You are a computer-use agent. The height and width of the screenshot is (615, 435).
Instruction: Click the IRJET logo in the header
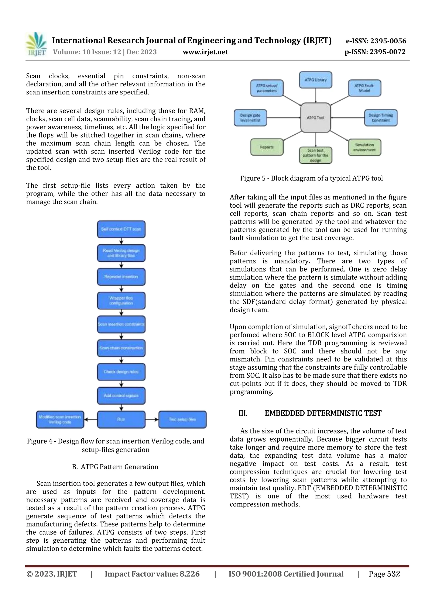tap(36, 44)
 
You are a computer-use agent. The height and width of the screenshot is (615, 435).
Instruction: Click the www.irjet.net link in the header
tap(205, 52)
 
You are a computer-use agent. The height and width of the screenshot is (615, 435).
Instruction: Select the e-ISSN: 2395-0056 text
tap(376, 41)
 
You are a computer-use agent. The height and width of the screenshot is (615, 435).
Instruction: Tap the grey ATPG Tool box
tap(315, 118)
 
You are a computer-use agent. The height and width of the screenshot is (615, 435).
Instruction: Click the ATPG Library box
tap(315, 80)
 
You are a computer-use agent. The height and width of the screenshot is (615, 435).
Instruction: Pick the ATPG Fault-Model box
tap(364, 88)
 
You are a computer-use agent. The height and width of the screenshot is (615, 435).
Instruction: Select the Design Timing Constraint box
tap(381, 118)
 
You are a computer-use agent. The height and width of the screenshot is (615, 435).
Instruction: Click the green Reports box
tap(267, 147)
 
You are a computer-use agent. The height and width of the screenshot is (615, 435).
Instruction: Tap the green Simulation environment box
tap(364, 147)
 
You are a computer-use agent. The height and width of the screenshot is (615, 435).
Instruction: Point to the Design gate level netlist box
tap(250, 118)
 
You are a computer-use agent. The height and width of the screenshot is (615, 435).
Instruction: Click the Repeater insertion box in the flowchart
tap(121, 277)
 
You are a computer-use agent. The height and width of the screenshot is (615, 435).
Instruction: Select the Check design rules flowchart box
tap(121, 372)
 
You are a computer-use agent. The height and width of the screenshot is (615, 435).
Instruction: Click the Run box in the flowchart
tap(121, 419)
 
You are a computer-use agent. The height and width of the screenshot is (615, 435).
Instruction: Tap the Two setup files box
tap(182, 419)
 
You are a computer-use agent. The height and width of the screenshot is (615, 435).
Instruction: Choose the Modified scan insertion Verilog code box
tap(60, 419)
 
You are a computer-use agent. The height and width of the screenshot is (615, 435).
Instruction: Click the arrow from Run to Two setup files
tap(152, 419)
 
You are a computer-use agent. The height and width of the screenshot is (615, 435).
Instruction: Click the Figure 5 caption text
tap(311, 178)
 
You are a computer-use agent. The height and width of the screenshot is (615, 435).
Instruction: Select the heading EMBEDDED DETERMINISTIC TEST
tap(323, 413)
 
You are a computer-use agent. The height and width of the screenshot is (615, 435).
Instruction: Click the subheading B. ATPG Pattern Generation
tap(115, 467)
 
